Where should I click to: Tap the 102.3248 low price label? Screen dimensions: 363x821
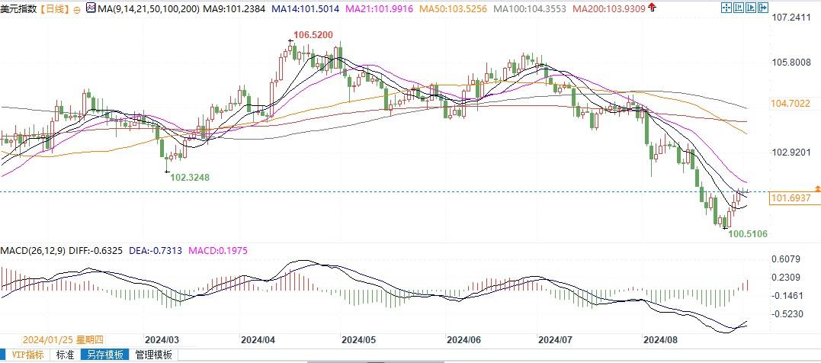point(189,177)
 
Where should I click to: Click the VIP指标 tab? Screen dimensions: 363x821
point(25,355)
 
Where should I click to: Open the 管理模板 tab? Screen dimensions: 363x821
point(153,355)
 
